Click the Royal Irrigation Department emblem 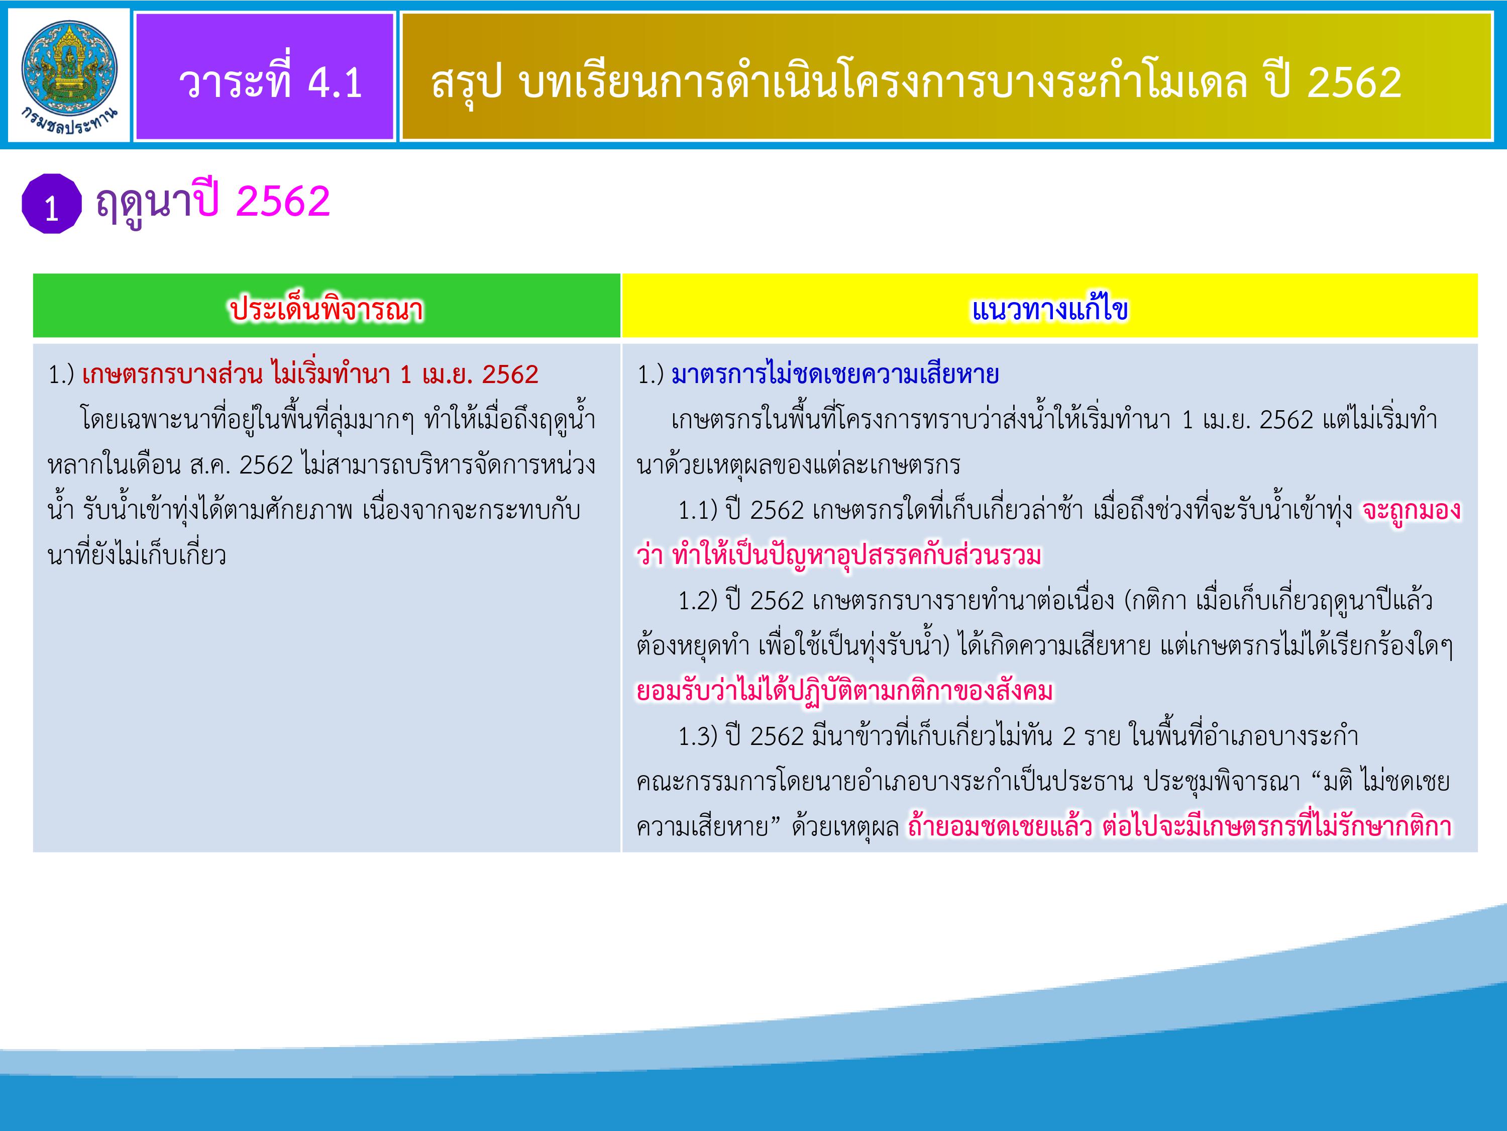(x=68, y=76)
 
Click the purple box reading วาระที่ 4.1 (x=265, y=76)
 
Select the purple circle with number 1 (x=51, y=205)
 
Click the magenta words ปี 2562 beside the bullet (x=262, y=202)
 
